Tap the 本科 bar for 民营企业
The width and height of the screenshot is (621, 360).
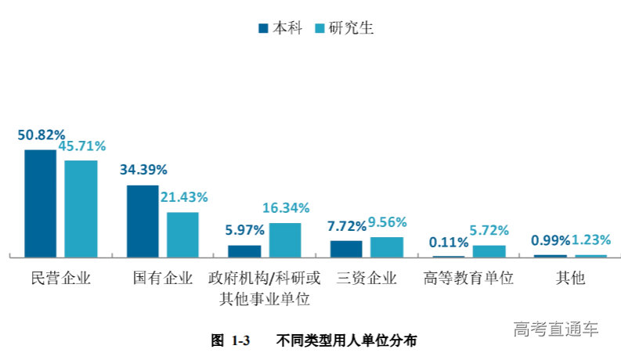[x=40, y=203]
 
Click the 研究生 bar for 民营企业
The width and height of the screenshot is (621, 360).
[x=81, y=208]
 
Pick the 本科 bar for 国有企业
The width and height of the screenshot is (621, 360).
[x=143, y=221]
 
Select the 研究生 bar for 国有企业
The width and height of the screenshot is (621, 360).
[x=182, y=234]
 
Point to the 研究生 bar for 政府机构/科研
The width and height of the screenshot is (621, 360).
[x=285, y=239]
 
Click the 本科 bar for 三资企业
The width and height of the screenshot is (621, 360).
[x=346, y=248]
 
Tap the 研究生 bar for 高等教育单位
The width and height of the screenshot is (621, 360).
[x=489, y=250]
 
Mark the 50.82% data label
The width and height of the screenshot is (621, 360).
[x=42, y=135]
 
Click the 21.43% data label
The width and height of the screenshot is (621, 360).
[x=184, y=197]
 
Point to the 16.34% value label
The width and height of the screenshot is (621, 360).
[x=286, y=208]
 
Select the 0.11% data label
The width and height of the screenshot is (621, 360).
[x=449, y=242]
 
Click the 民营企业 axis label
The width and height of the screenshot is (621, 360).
[x=60, y=279]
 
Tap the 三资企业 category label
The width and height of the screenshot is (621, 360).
[x=366, y=279]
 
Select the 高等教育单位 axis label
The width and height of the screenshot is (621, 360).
[x=468, y=279]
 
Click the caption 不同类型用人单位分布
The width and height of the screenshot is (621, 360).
[x=347, y=340]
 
